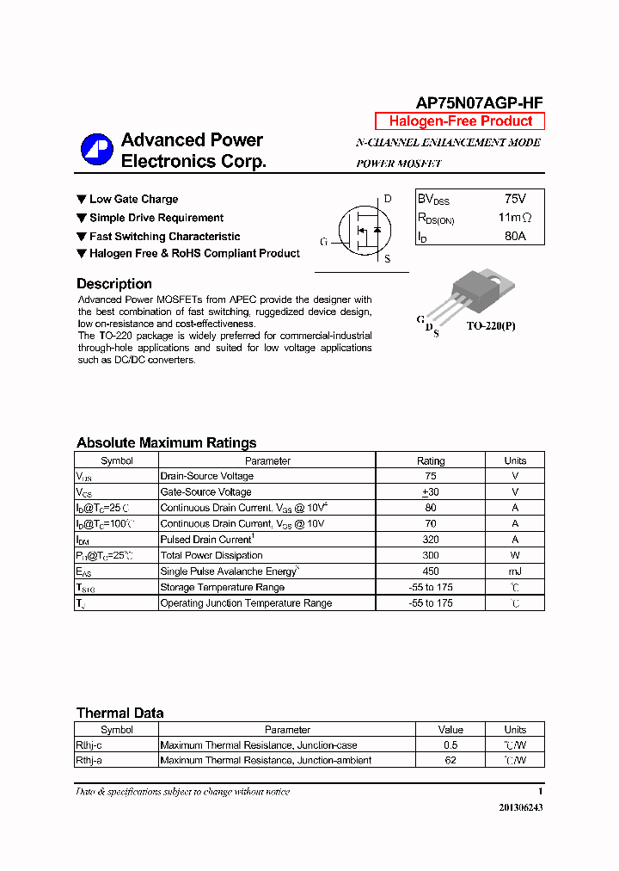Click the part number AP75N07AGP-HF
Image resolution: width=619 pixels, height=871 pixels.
tap(479, 102)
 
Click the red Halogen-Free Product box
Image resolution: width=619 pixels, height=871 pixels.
tap(460, 121)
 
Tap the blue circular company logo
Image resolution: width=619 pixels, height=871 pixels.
tap(97, 150)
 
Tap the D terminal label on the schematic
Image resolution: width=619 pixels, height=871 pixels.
tap(388, 199)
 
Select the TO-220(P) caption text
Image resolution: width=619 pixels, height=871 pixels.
tap(493, 327)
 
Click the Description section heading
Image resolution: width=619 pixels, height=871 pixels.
tap(114, 284)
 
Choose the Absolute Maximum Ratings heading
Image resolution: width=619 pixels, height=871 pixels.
tap(166, 443)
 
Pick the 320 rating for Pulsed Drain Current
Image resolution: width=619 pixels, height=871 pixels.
tap(431, 540)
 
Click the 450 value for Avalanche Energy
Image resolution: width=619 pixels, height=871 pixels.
tap(431, 571)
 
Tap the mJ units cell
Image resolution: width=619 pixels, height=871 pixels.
tap(515, 571)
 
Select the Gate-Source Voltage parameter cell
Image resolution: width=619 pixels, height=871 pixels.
tap(206, 492)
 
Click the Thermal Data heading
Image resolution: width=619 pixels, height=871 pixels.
tap(120, 713)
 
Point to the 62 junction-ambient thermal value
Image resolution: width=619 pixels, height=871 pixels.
tap(450, 761)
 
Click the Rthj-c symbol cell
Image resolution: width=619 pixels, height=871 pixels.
tap(89, 745)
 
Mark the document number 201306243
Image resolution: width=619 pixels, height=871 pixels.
tap(520, 808)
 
